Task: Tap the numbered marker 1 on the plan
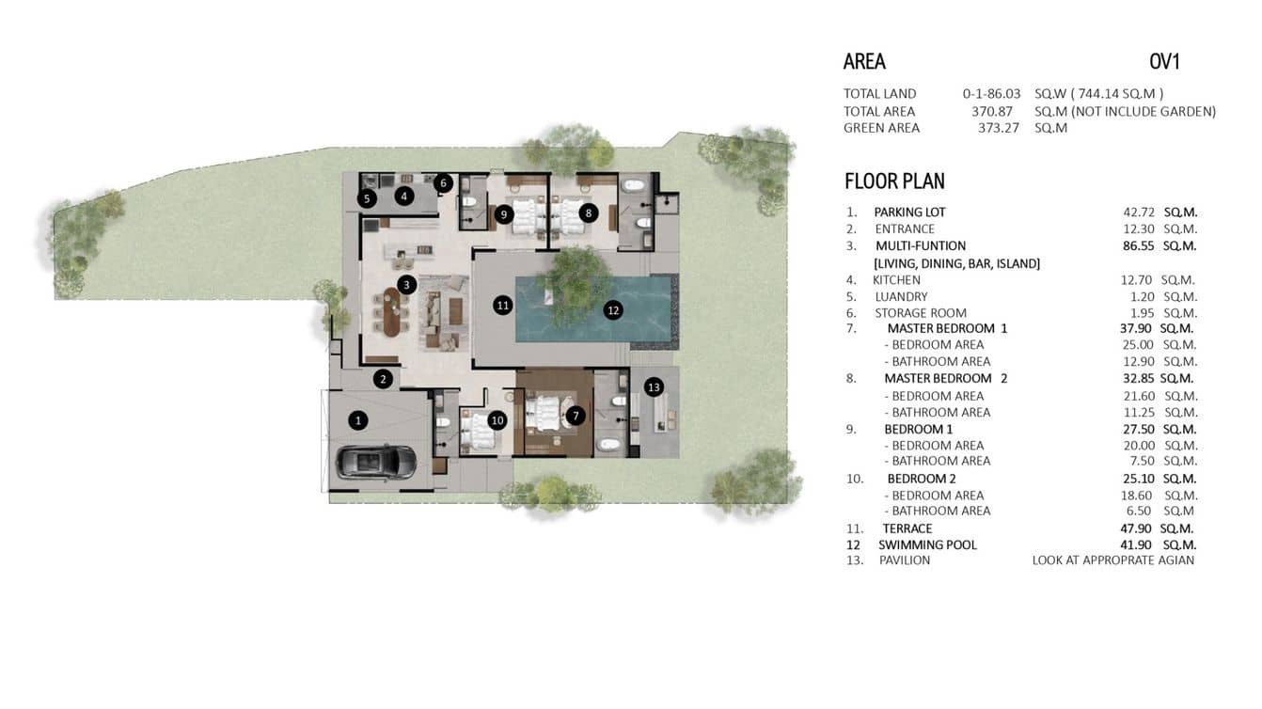(357, 421)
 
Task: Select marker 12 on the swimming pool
(613, 308)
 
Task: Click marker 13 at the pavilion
(654, 386)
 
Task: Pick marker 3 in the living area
(406, 284)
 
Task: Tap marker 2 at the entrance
(383, 379)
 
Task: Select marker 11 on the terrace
(503, 305)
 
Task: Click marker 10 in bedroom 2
(497, 420)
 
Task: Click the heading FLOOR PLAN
(894, 181)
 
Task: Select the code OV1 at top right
(1164, 62)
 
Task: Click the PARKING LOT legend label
(909, 212)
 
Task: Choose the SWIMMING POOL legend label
(927, 544)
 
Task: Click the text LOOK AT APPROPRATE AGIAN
(1113, 560)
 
